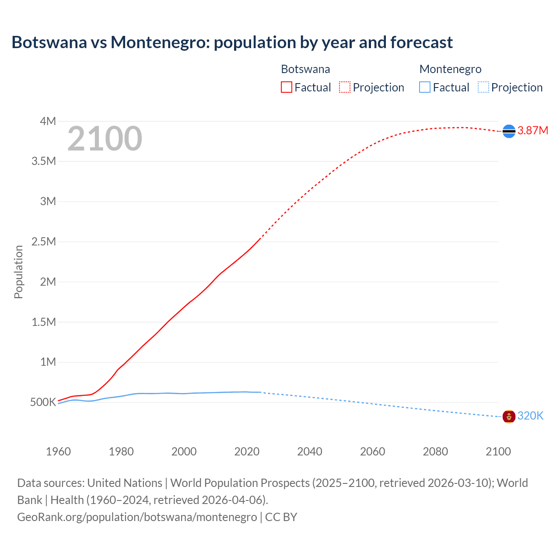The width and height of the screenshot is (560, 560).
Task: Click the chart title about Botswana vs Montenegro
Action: click(x=232, y=42)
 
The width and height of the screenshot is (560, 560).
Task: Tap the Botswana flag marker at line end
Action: click(x=509, y=131)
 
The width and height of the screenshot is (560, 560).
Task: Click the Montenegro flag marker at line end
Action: click(x=509, y=416)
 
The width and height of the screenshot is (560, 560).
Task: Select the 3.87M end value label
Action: click(x=532, y=131)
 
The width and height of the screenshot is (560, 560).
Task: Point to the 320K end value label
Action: click(x=530, y=416)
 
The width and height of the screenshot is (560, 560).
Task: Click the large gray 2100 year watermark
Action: click(x=105, y=139)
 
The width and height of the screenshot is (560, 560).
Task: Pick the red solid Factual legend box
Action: click(x=286, y=87)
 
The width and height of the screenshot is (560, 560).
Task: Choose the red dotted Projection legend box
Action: click(x=345, y=87)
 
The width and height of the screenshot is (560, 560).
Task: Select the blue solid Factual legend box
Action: click(x=425, y=87)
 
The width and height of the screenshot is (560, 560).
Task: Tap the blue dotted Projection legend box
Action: click(x=483, y=87)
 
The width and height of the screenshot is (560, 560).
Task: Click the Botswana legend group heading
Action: click(x=305, y=69)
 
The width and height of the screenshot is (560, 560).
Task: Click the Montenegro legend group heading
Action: click(x=450, y=69)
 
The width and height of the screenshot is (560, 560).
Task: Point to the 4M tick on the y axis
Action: click(x=48, y=121)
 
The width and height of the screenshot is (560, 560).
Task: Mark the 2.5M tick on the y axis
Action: click(x=44, y=241)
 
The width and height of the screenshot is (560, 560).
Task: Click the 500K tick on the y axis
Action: click(x=43, y=402)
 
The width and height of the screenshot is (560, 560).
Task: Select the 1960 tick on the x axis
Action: click(x=58, y=451)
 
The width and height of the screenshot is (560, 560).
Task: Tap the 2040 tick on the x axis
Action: click(x=310, y=451)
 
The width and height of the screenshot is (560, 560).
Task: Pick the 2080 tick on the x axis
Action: click(x=435, y=451)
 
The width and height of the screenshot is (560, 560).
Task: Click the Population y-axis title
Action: click(x=18, y=272)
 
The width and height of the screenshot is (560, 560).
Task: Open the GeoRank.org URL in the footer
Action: click(x=137, y=517)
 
